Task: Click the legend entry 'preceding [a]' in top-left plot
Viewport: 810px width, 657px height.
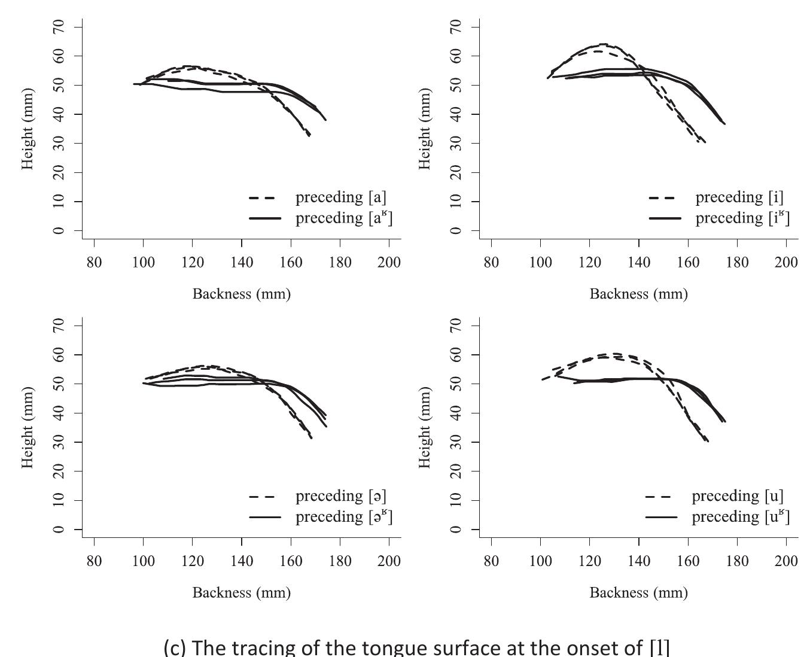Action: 340,197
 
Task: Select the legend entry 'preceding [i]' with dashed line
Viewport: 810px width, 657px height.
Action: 739,197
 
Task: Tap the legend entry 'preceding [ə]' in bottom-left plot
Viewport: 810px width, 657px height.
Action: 340,496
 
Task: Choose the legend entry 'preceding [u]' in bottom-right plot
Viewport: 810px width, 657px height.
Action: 737,496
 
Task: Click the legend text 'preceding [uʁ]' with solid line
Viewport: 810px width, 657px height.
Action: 740,516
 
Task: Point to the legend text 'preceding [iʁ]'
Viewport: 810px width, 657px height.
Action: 742,218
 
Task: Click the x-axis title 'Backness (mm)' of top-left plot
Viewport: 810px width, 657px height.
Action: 241,294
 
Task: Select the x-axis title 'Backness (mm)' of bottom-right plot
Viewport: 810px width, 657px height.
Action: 638,592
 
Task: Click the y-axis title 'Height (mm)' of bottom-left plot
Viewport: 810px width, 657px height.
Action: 28,427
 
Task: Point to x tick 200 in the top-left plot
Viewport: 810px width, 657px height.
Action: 389,263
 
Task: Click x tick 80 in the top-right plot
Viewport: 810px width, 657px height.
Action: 491,263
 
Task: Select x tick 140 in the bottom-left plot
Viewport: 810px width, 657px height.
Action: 242,561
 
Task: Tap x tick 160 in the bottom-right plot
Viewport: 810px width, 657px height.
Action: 688,561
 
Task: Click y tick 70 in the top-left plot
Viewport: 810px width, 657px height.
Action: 59,27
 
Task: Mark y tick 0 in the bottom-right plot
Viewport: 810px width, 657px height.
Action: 456,530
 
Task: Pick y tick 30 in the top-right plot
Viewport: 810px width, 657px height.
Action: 456,143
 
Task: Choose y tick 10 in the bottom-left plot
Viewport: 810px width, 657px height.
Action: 59,500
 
